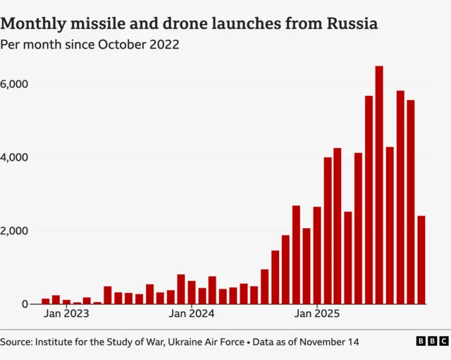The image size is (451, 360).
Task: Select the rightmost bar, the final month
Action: [x=421, y=260]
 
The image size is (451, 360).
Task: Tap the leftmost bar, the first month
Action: [x=46, y=301]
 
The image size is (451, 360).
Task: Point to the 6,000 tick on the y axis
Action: [x=14, y=84]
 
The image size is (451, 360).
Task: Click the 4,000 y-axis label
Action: [x=14, y=157]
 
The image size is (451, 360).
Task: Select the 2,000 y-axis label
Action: [x=14, y=231]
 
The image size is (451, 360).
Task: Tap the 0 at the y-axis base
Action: [x=24, y=304]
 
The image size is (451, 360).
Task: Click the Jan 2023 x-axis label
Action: [x=66, y=314]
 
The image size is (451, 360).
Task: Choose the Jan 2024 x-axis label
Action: [x=191, y=314]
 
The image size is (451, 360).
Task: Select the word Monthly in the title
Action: [x=35, y=23]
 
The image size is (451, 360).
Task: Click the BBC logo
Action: [x=431, y=341]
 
